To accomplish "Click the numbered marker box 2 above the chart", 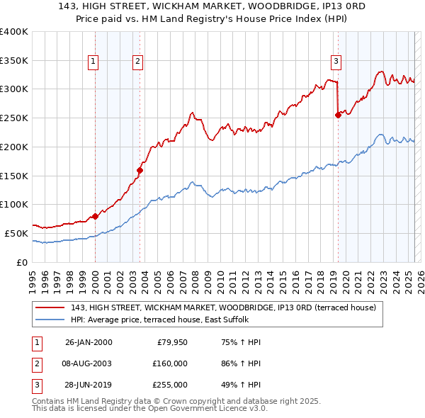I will [x=137, y=62].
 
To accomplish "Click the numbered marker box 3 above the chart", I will [x=336, y=62].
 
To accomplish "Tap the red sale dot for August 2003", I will [x=140, y=170].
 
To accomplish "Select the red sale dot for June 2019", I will [x=338, y=115].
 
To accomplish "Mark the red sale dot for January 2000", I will [x=96, y=216].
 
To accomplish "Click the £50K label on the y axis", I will [x=16, y=233].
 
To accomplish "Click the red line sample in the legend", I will [x=50, y=307].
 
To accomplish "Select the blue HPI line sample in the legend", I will [x=50, y=320].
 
